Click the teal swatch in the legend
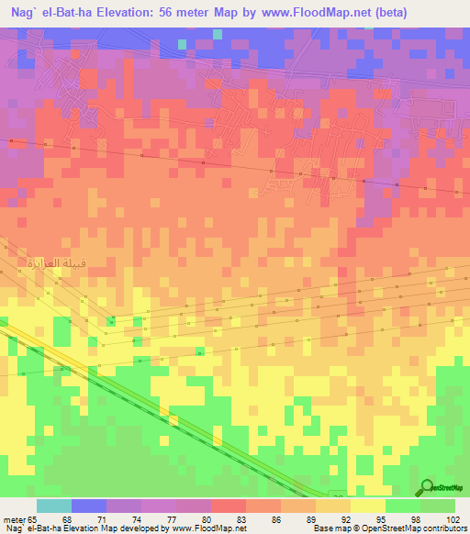[54, 506]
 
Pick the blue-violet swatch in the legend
[89, 506]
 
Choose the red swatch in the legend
[229, 506]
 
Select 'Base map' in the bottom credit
[323, 528]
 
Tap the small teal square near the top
[183, 43]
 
